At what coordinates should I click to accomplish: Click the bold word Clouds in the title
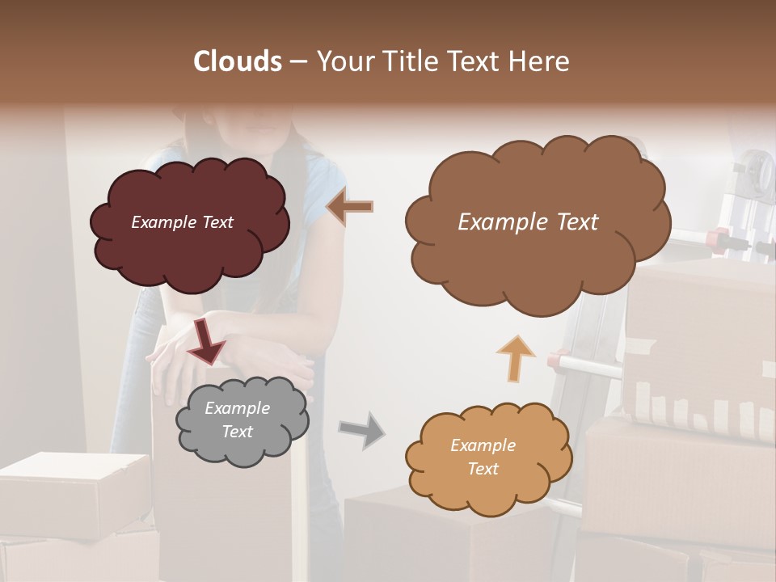[x=237, y=61]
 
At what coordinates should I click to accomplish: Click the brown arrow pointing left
[x=349, y=207]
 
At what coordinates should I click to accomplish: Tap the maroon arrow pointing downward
[x=206, y=341]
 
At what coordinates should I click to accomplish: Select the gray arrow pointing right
[x=361, y=429]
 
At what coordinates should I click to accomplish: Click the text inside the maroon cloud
[x=182, y=222]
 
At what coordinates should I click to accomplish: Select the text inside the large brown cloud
[x=528, y=222]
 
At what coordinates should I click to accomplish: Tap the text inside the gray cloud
[x=237, y=420]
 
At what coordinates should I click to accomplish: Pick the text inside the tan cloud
[x=483, y=457]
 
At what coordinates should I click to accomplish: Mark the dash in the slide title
[x=297, y=62]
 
